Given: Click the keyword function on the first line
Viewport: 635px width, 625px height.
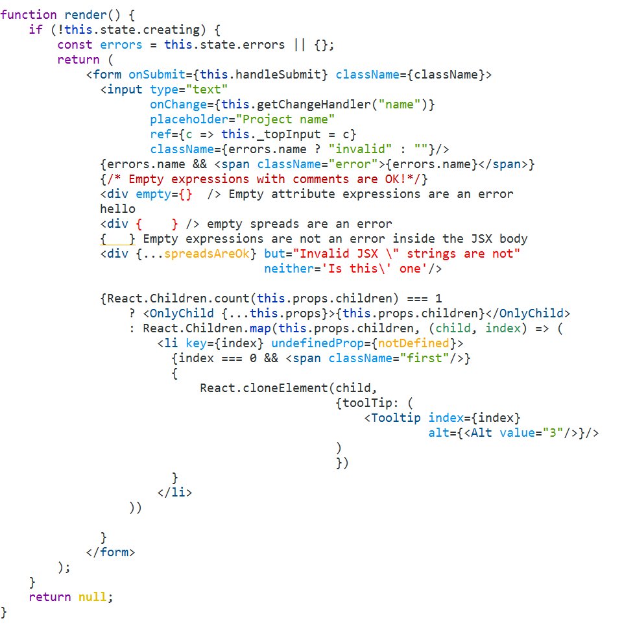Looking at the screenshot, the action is click(x=29, y=15).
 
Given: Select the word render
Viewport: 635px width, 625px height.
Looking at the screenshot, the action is click(x=86, y=15).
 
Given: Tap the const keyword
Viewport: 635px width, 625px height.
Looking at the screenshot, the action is click(x=75, y=45).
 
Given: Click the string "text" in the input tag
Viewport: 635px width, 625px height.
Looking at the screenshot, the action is click(x=207, y=89).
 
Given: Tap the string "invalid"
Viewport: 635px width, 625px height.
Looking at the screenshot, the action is click(x=360, y=149).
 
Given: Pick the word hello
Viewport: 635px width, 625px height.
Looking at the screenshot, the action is click(x=118, y=209).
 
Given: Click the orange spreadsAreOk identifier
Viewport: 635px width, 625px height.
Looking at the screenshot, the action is click(x=207, y=254).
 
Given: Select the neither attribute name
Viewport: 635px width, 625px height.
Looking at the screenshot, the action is click(x=289, y=269).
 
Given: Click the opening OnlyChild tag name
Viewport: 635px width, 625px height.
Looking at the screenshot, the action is click(x=182, y=313).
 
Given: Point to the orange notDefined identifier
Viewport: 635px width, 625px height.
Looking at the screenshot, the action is click(x=413, y=343).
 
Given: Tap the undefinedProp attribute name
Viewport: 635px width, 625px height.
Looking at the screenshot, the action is click(x=318, y=343).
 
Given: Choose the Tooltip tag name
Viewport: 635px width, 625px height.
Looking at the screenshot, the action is click(x=396, y=418).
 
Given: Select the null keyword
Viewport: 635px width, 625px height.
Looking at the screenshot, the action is click(x=93, y=597).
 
